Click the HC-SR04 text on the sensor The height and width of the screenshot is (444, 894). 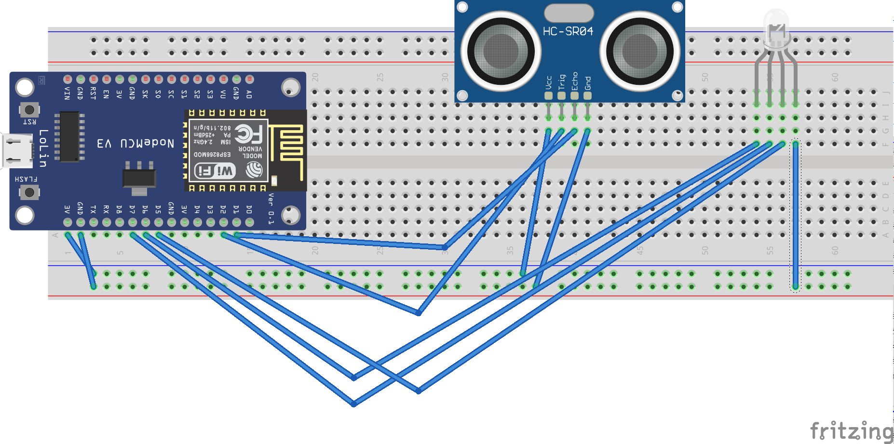point(568,31)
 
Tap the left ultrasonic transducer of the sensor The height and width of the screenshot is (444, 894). point(501,51)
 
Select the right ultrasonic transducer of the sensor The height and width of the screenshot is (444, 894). point(639,51)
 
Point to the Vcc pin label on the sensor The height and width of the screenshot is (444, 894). point(548,82)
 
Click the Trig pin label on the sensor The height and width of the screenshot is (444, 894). point(561,82)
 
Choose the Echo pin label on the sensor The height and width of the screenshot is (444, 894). point(574,81)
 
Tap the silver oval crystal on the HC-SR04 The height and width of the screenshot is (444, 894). point(569,13)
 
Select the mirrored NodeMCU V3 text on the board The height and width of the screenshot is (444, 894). point(135,143)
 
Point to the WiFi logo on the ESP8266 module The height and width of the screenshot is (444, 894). point(215,170)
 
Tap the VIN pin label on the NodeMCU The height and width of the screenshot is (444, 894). point(67,93)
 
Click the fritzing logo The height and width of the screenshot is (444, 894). point(851,431)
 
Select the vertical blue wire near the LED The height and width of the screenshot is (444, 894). point(795,215)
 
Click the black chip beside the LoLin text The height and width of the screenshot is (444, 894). point(69,136)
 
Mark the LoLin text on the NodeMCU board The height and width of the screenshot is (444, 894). point(43,148)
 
